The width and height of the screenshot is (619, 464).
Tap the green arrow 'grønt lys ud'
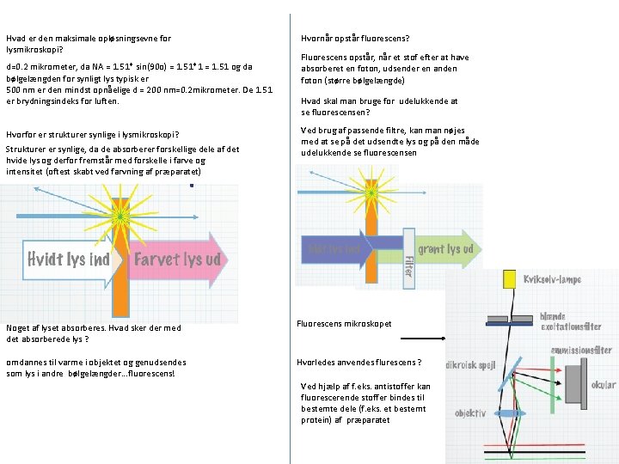(443, 249)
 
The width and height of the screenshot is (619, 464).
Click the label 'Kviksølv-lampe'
(554, 279)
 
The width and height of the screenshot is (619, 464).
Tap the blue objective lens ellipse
(513, 413)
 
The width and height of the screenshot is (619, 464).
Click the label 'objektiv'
(471, 413)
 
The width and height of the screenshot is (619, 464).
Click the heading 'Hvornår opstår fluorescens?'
(355, 39)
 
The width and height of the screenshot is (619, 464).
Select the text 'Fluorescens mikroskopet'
(344, 324)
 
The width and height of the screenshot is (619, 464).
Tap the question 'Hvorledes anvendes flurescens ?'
(359, 362)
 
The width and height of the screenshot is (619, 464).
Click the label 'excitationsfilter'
(571, 327)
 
